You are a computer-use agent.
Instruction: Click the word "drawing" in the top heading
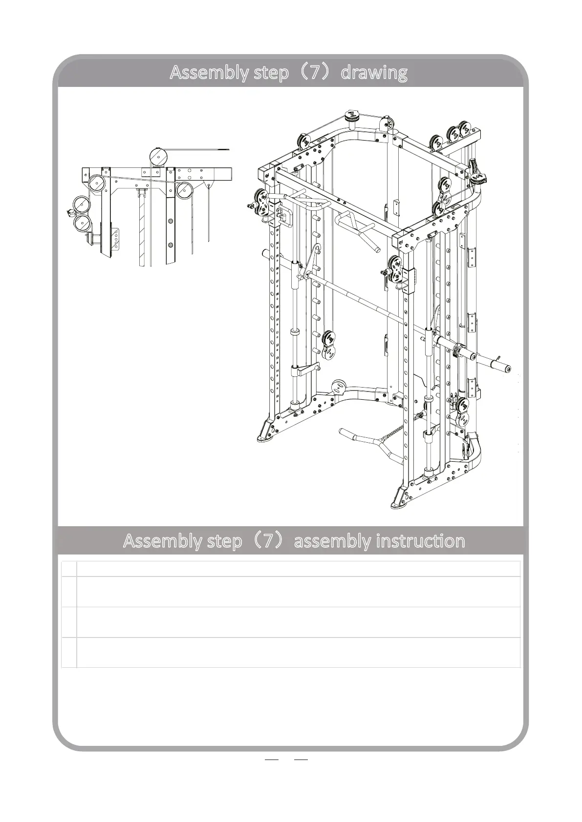click(x=374, y=73)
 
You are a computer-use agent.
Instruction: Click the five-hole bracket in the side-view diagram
click(x=117, y=239)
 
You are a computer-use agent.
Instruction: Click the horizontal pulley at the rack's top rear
click(x=351, y=116)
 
